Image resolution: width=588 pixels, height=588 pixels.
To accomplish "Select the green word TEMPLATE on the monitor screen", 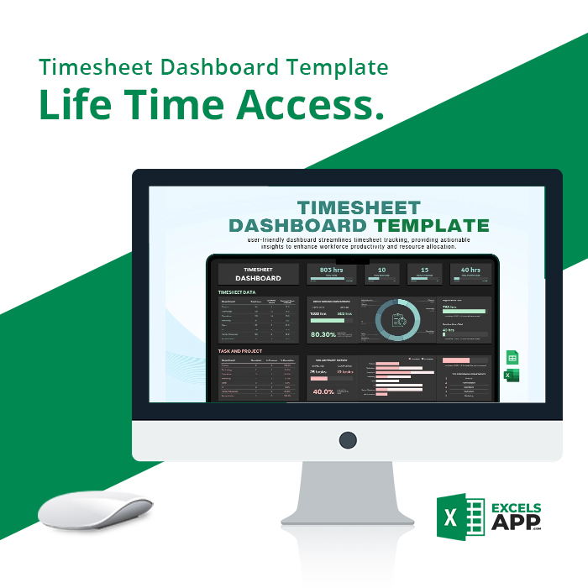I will [432, 225].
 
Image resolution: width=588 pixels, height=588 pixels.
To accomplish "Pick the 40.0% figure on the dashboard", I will [323, 391].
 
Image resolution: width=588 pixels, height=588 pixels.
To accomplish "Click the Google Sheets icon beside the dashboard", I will [511, 358].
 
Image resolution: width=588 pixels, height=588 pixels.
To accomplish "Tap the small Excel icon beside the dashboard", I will [510, 375].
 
